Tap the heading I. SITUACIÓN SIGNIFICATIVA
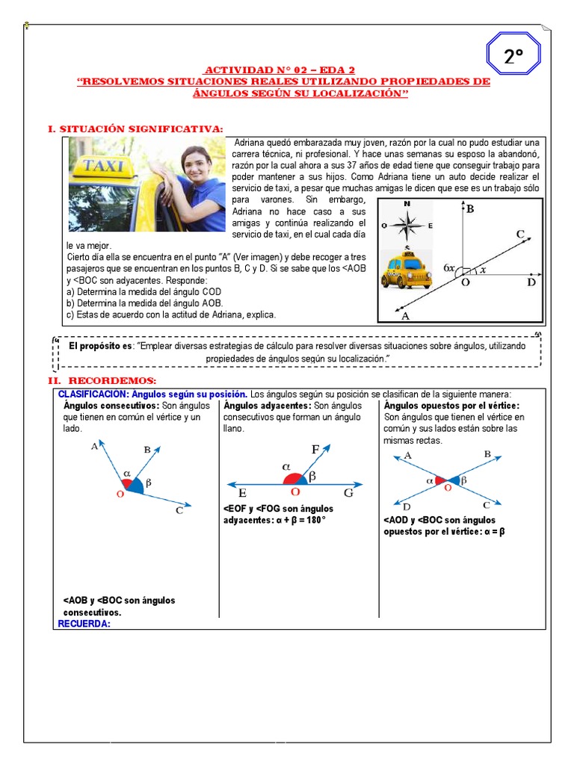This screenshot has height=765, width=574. [135, 129]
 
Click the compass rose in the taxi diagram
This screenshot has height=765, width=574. [407, 223]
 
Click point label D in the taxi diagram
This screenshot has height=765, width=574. [531, 282]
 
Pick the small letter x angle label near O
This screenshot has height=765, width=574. [483, 270]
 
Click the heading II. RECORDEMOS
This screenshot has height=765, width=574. [102, 381]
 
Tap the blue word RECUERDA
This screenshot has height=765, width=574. [84, 624]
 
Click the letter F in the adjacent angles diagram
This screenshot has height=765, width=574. [315, 450]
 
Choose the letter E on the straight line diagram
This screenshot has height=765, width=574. [243, 494]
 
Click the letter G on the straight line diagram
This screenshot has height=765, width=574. [348, 494]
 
